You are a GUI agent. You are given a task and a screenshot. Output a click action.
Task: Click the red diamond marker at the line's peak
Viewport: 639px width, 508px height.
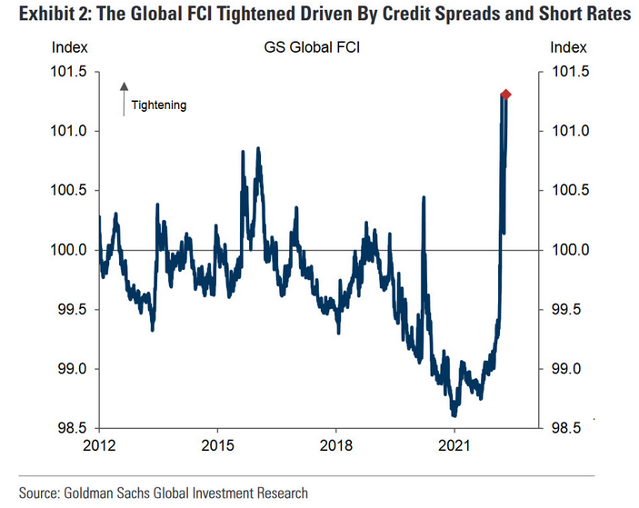[x=505, y=95]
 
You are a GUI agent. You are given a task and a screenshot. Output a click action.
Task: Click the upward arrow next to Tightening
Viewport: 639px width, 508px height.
[x=123, y=98]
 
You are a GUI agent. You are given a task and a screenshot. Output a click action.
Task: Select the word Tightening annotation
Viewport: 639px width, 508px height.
[x=158, y=105]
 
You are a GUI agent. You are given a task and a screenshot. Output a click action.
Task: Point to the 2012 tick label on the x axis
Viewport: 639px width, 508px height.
[x=98, y=445]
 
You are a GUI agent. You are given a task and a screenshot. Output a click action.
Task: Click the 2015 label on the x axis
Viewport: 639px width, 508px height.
[x=216, y=445]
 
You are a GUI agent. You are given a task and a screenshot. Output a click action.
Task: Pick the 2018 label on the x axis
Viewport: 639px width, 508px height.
[x=335, y=445]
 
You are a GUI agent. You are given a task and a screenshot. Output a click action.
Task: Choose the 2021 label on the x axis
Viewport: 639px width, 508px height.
[x=454, y=445]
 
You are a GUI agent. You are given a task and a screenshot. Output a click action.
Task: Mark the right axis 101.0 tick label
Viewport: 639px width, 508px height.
[x=569, y=131]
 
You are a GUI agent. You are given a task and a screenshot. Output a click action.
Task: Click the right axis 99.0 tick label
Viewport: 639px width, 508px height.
[x=569, y=369]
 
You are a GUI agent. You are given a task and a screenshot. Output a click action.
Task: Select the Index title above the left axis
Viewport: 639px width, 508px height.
[x=70, y=48]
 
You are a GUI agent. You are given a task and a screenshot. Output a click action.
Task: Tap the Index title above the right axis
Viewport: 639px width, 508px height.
[x=568, y=48]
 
